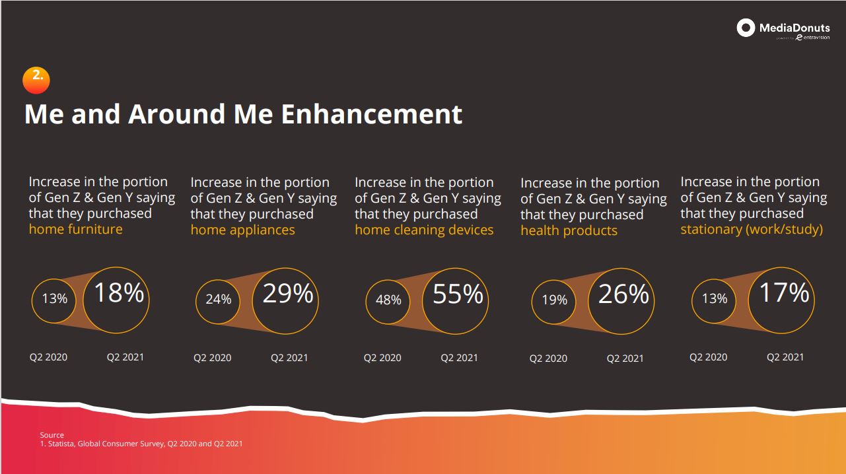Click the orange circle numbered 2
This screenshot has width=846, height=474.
[36, 81]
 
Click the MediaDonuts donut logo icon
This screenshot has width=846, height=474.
[746, 28]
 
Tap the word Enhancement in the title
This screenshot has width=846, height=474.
[372, 114]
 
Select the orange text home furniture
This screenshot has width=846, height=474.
[75, 229]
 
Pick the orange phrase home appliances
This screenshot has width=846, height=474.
[242, 230]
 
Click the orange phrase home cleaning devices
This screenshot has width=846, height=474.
[424, 230]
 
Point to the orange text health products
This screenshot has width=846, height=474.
[569, 230]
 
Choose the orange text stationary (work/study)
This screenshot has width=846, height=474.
[752, 230]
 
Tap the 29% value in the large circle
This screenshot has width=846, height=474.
[288, 293]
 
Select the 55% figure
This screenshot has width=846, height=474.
[458, 294]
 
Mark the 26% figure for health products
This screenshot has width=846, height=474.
[623, 294]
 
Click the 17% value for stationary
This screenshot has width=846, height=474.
[784, 292]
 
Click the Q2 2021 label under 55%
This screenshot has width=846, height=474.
[459, 358]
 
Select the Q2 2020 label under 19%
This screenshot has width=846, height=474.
[548, 358]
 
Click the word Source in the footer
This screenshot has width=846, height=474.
[52, 435]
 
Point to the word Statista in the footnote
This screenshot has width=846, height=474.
[61, 444]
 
